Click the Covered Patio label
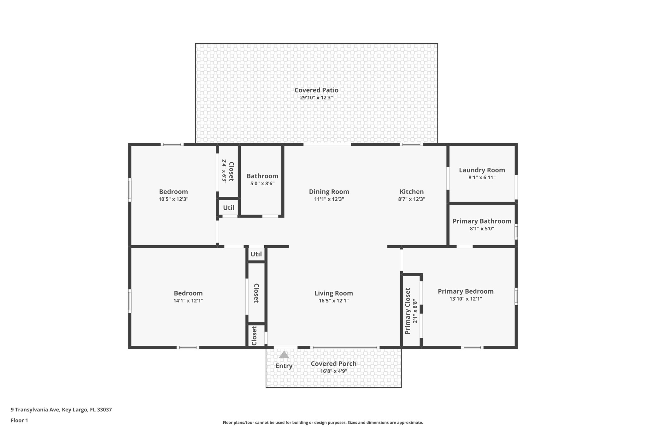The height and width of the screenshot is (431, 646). (316, 90)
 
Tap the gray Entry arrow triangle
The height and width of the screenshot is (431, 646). (284, 355)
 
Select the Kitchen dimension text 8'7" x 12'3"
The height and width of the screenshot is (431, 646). (411, 199)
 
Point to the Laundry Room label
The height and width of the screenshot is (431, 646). (482, 170)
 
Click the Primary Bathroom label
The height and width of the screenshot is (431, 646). (482, 221)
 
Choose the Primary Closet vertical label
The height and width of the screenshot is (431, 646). (408, 311)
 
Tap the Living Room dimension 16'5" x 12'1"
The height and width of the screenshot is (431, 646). (333, 301)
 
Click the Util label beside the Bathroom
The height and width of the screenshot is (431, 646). (229, 208)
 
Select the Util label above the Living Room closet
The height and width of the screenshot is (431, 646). (256, 254)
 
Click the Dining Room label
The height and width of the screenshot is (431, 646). (329, 192)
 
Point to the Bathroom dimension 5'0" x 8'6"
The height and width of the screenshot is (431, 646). (262, 183)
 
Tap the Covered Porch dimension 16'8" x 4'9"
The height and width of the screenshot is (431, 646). (333, 371)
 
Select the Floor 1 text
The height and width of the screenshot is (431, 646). (19, 421)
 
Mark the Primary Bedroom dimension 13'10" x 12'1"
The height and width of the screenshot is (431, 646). (466, 299)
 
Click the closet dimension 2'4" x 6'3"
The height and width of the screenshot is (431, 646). (224, 171)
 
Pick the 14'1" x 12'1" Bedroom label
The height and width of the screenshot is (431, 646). (188, 293)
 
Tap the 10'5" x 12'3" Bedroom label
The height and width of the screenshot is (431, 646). (173, 192)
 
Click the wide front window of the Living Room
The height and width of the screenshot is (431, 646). (345, 347)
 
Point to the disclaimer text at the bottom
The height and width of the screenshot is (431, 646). (323, 422)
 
